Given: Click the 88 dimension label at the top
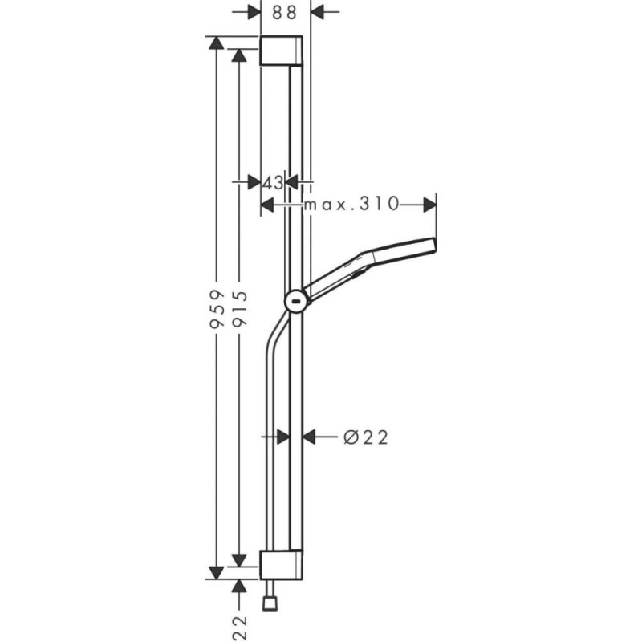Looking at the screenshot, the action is pyautogui.click(x=285, y=13).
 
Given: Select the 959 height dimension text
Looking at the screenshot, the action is pyautogui.click(x=217, y=309).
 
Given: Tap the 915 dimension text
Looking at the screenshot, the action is pyautogui.click(x=239, y=309).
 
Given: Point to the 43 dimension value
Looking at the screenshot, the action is pyautogui.click(x=273, y=183).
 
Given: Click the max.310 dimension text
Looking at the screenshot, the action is pyautogui.click(x=351, y=204).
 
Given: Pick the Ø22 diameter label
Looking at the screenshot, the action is pyautogui.click(x=366, y=437).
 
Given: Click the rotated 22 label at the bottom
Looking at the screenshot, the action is pyautogui.click(x=239, y=628).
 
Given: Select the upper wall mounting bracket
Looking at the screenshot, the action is pyautogui.click(x=282, y=51).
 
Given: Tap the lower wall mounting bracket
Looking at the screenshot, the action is pyautogui.click(x=282, y=565).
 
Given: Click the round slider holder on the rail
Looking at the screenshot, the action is pyautogui.click(x=296, y=302).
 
